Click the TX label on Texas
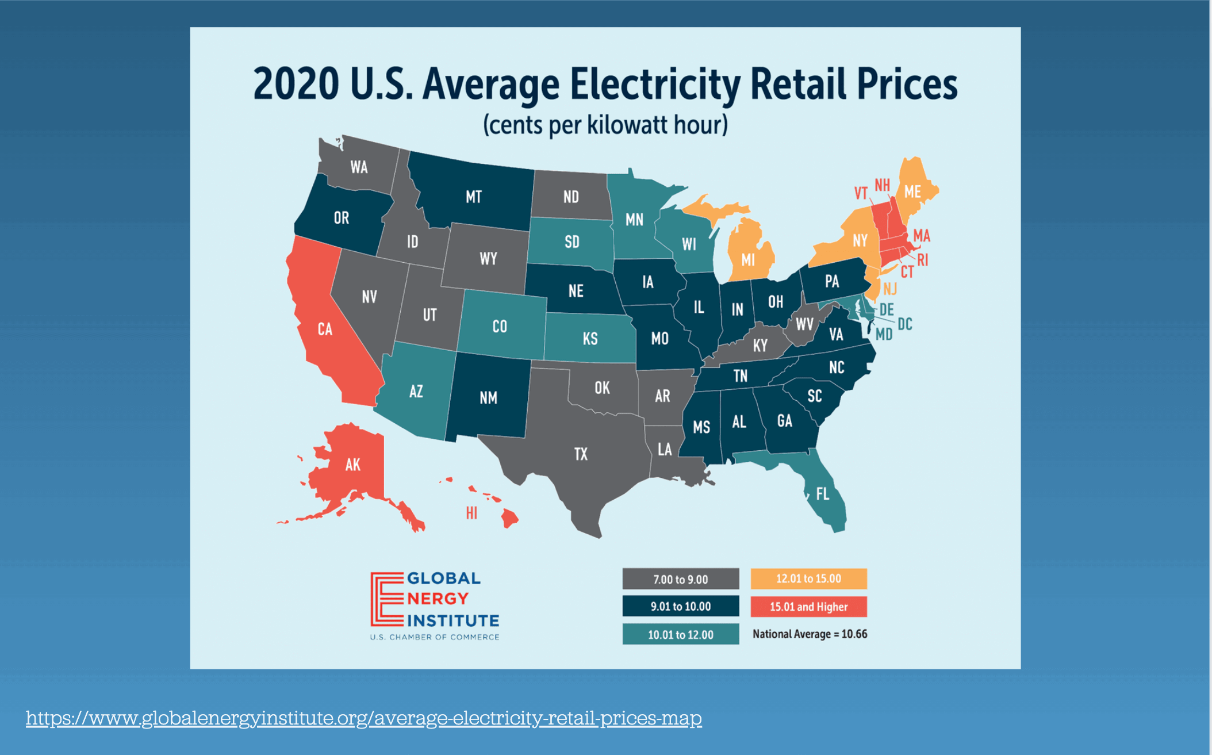[x=581, y=454]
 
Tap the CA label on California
[x=325, y=329]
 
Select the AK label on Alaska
[x=352, y=465]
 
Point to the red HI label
[x=471, y=513]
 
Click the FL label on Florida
[x=822, y=494]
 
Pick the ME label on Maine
[x=912, y=191]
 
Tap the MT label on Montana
[x=474, y=197]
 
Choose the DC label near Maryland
[x=905, y=324]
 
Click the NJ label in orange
[x=890, y=289]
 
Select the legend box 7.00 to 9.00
[x=681, y=579]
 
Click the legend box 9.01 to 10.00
[x=681, y=607]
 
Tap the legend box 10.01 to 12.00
[x=681, y=635]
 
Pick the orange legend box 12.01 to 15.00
[x=808, y=578]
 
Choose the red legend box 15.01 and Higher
[x=808, y=607]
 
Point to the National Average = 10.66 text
[x=810, y=634]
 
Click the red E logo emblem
[x=387, y=599]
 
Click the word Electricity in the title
[x=655, y=85]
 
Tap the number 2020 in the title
[x=296, y=85]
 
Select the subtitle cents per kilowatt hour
[x=605, y=125]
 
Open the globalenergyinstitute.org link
[x=363, y=718]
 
